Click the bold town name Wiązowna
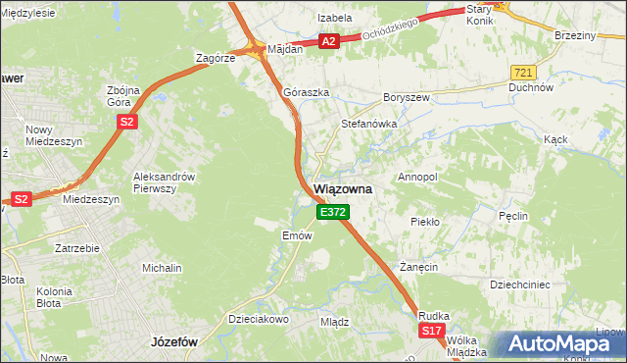(341, 189)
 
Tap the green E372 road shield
(331, 212)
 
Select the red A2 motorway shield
(329, 41)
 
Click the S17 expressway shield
(432, 332)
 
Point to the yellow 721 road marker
(523, 73)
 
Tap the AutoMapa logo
(560, 343)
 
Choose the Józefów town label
(175, 342)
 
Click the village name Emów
(297, 235)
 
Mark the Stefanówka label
(367, 125)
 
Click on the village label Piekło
(425, 222)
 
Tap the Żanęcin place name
(416, 267)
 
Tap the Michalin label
(162, 268)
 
